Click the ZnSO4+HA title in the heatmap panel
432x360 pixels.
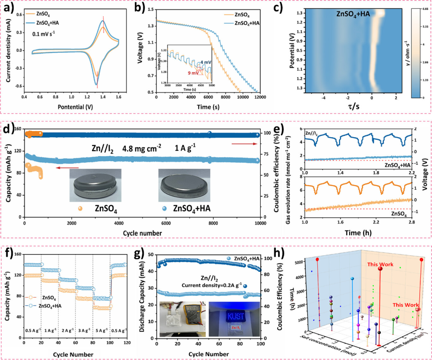pos(353,14)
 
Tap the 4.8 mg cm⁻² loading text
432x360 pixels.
pos(152,149)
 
